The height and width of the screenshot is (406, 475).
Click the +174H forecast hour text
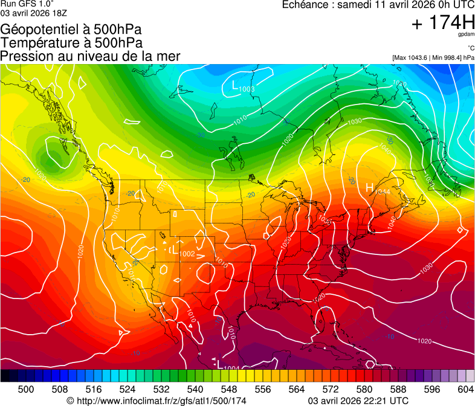click(x=442, y=24)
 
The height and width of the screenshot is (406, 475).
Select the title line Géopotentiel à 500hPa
click(x=71, y=30)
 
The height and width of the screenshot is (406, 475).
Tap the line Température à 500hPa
click(x=71, y=43)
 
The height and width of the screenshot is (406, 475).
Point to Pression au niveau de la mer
click(x=90, y=56)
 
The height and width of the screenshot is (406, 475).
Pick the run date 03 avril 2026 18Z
click(x=34, y=12)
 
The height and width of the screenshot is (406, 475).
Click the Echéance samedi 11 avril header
click(x=378, y=5)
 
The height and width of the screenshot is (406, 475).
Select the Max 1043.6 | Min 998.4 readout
click(x=433, y=58)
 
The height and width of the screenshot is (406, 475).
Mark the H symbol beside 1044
click(x=370, y=188)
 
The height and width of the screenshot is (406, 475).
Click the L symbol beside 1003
click(x=235, y=86)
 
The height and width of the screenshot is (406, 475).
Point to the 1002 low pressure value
click(x=187, y=254)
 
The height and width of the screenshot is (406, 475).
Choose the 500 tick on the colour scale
click(x=26, y=389)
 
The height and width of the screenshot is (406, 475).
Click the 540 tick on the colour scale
click(x=195, y=389)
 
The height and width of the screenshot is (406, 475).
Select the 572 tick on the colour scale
click(x=331, y=389)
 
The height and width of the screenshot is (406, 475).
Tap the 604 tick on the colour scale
click(x=465, y=389)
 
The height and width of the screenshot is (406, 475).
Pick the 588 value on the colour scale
click(x=398, y=389)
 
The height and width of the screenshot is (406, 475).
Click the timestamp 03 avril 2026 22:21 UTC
click(x=358, y=401)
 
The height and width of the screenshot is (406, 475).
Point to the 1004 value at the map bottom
click(x=231, y=367)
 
